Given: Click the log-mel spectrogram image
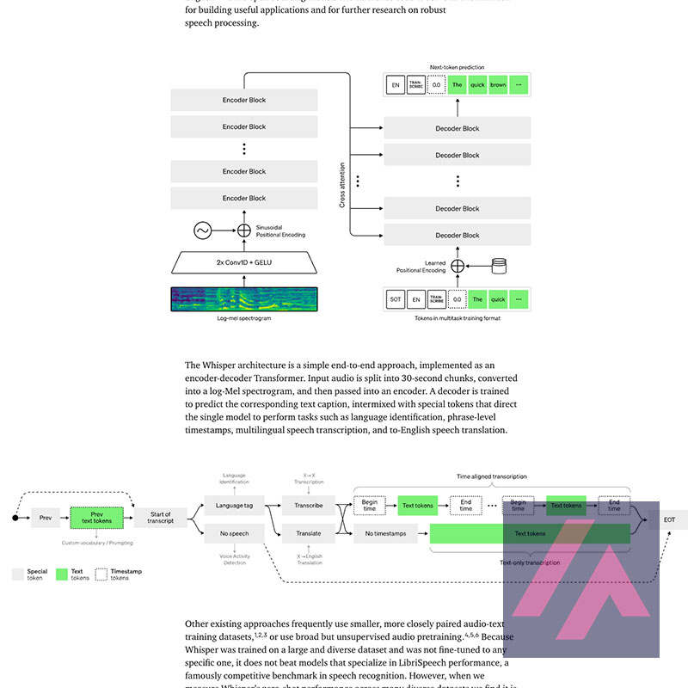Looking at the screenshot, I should (244, 298).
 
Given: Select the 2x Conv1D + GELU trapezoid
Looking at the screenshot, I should (244, 261).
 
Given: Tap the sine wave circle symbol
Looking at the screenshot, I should (202, 230).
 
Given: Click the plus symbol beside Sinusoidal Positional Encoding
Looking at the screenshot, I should (244, 230).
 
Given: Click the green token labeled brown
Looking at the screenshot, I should (498, 85).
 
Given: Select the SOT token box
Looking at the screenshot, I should (396, 299).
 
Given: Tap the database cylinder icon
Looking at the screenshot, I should (498, 267).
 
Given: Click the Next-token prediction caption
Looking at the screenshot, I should (458, 66).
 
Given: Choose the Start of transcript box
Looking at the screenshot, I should (160, 518).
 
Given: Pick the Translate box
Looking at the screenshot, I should (308, 534).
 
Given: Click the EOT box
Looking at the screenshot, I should (668, 519).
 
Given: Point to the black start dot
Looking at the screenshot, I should (15, 518).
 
